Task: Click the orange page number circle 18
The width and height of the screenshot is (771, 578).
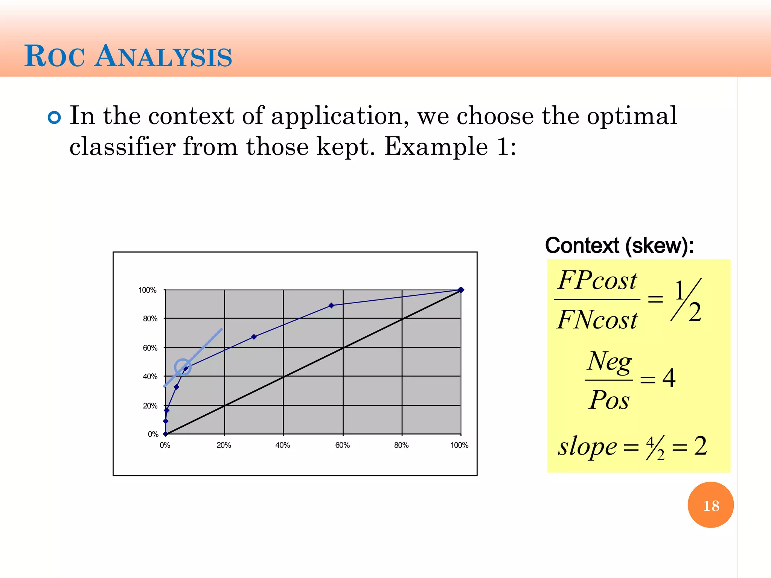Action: (710, 505)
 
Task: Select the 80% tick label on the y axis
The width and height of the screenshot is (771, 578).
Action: (150, 319)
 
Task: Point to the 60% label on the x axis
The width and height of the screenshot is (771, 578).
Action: (342, 445)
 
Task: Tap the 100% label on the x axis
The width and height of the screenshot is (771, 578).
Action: (459, 445)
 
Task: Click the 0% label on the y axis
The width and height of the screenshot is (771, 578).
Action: (153, 434)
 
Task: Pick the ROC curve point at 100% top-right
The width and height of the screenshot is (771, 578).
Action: (461, 290)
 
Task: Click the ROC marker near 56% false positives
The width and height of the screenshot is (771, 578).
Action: (331, 306)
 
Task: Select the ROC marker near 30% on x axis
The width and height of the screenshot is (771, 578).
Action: (254, 337)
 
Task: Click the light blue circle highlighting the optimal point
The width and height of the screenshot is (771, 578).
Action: (183, 367)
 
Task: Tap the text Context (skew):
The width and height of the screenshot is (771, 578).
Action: (619, 246)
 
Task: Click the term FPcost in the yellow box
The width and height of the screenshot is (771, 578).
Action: (597, 281)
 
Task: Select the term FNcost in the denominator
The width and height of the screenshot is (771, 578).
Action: (597, 320)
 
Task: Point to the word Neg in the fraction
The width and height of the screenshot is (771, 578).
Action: (609, 361)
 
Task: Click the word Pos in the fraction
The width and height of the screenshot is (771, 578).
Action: (609, 400)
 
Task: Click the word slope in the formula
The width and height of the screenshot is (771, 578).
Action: (587, 447)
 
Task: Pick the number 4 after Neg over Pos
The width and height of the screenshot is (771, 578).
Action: (669, 378)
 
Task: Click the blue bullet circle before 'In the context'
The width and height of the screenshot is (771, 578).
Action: (55, 118)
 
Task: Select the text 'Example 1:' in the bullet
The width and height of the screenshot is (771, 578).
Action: (450, 146)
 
